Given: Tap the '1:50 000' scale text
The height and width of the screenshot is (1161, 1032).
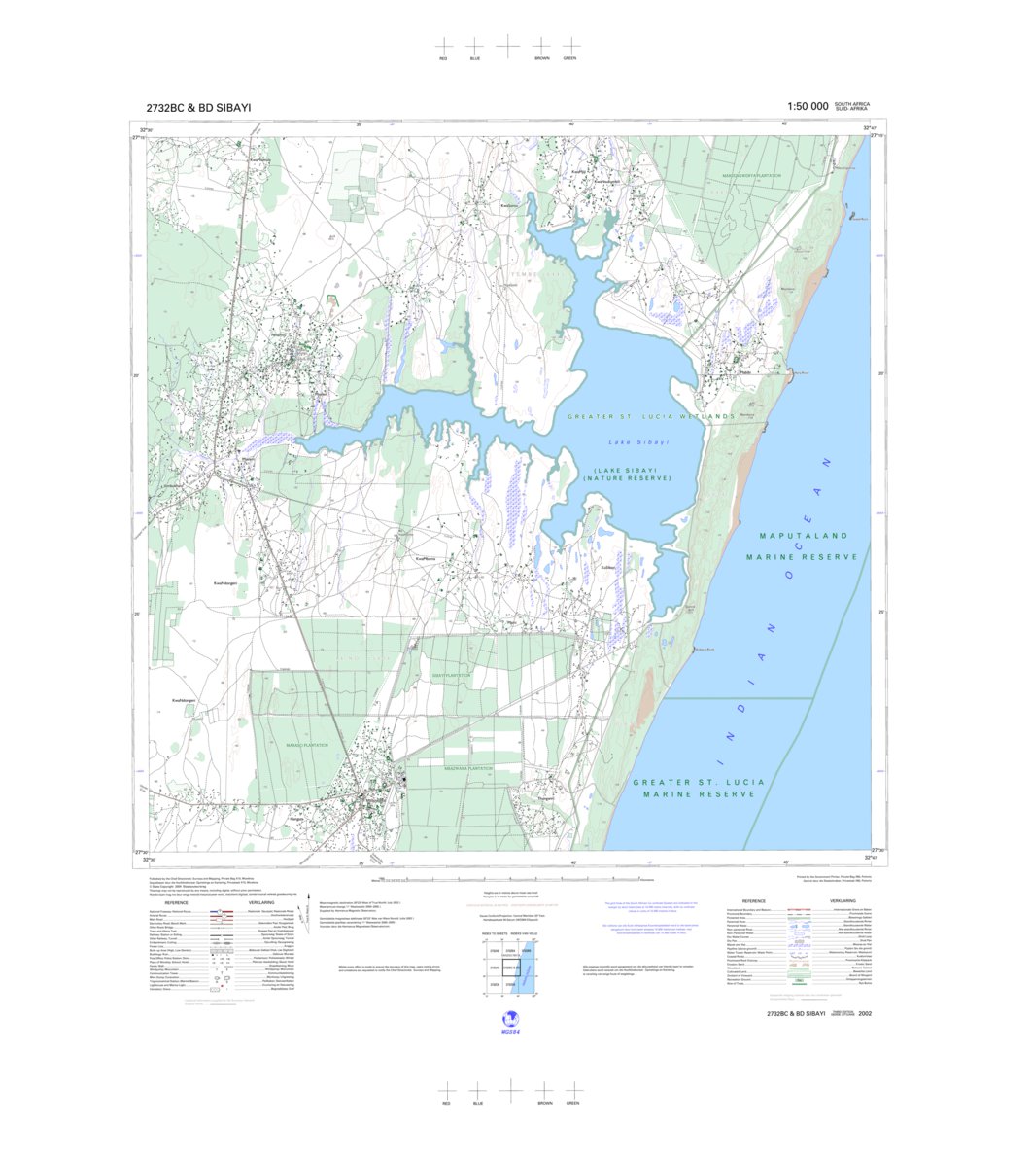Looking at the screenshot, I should [x=808, y=106].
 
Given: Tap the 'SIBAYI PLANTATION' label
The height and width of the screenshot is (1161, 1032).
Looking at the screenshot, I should [x=451, y=675].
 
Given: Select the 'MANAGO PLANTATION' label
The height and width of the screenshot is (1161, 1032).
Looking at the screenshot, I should [x=307, y=745].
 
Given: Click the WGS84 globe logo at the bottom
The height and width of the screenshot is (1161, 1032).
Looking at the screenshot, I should [x=506, y=1021].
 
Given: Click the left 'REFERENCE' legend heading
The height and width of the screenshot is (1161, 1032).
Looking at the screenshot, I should [x=176, y=902].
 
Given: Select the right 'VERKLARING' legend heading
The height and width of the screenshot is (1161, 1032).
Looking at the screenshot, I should [x=843, y=901].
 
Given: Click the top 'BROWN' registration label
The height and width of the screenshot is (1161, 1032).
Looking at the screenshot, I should [x=541, y=58].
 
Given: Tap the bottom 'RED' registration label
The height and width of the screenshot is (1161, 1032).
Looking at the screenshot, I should [x=446, y=1104].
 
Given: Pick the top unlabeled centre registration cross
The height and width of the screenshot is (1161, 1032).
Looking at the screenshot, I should [x=507, y=45].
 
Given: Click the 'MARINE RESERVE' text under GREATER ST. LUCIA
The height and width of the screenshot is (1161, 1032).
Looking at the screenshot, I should [x=699, y=794].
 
